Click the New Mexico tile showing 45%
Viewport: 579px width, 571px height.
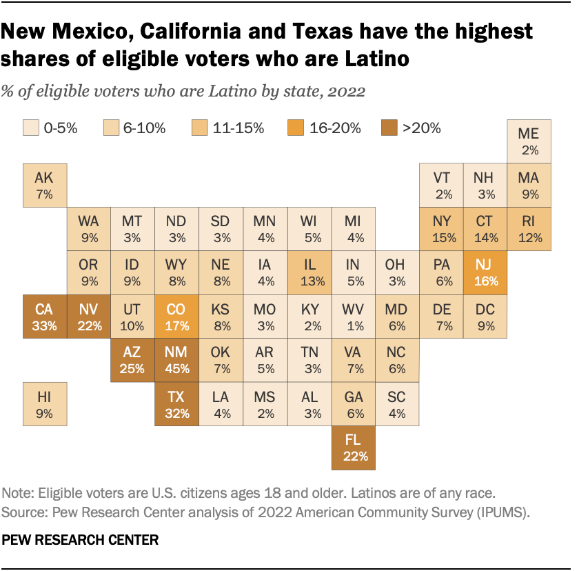pyautogui.click(x=176, y=360)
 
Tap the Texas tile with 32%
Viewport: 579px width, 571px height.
pyautogui.click(x=176, y=404)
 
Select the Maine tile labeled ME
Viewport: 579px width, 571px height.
pyautogui.click(x=529, y=141)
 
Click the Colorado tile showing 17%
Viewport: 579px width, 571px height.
pyautogui.click(x=176, y=316)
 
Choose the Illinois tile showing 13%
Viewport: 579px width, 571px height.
pyautogui.click(x=308, y=272)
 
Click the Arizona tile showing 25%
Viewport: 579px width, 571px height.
pyautogui.click(x=132, y=360)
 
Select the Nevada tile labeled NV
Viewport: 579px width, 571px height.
pyautogui.click(x=88, y=316)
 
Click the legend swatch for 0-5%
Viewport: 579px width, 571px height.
pyautogui.click(x=30, y=128)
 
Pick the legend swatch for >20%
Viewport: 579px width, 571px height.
pyautogui.click(x=389, y=128)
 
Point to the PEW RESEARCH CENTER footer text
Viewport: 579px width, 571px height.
pyautogui.click(x=81, y=540)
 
